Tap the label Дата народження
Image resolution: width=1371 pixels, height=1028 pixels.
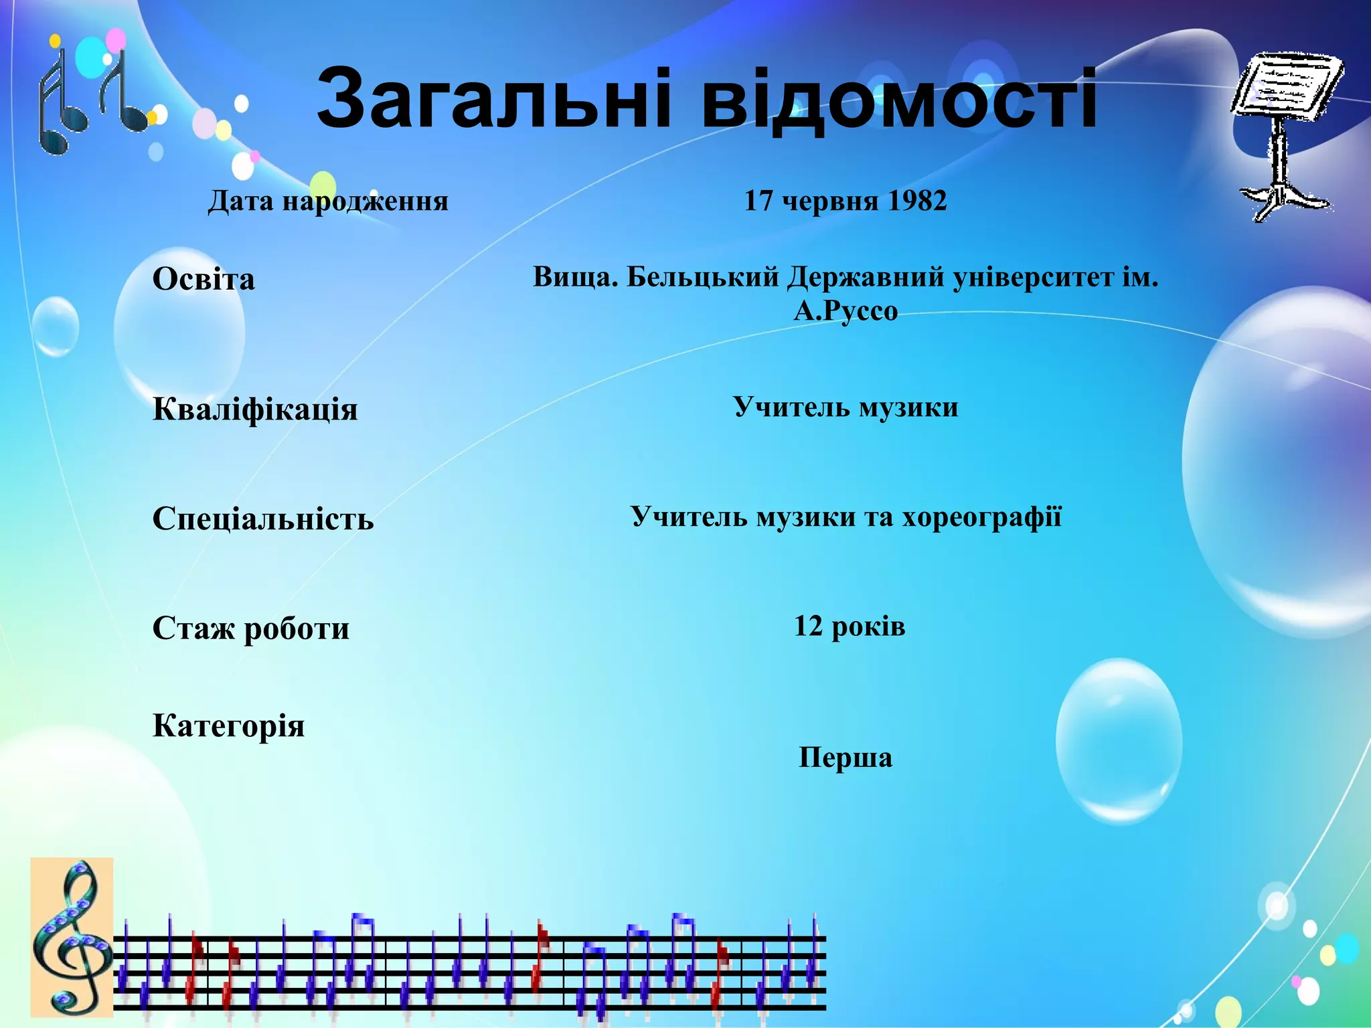[x=328, y=201]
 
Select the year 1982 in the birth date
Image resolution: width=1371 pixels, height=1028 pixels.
[x=916, y=201]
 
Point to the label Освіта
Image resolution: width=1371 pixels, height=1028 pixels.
[x=204, y=279]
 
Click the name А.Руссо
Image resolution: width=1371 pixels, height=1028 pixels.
[x=845, y=311]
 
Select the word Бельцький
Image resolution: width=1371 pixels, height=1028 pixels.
[x=702, y=276]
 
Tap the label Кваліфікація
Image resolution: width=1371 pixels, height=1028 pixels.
[x=255, y=409]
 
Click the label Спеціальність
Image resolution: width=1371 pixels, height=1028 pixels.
[x=263, y=519]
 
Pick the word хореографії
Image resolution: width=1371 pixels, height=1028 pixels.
[x=982, y=517]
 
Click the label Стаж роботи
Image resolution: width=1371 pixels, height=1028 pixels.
[x=250, y=628]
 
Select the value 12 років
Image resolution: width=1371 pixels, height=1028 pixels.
[x=849, y=626]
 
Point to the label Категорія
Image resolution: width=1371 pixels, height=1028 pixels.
[x=228, y=725]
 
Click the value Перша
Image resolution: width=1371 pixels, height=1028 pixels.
[x=845, y=758]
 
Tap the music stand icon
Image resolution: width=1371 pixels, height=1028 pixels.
[x=1284, y=134]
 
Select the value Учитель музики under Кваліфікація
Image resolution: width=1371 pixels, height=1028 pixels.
[x=845, y=407]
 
